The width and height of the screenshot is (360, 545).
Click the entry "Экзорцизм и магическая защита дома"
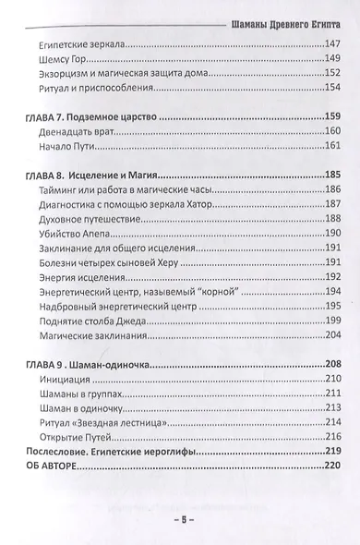(x=118, y=74)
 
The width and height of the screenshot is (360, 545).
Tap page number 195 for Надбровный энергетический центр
(x=330, y=308)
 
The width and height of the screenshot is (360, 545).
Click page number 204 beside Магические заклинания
(x=330, y=337)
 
